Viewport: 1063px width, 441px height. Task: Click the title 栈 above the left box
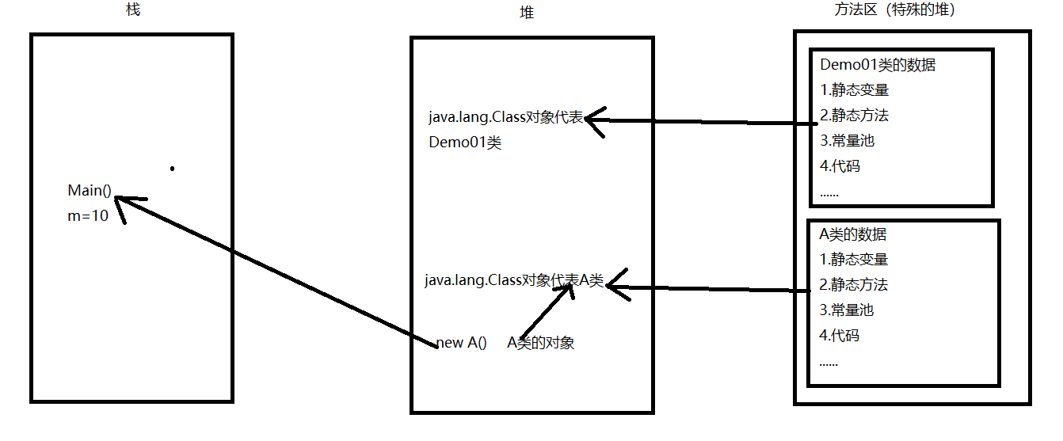(132, 10)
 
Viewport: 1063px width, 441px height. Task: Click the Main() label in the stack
(90, 190)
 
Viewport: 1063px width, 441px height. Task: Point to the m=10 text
(88, 215)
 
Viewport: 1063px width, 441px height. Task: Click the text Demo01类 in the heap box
(465, 143)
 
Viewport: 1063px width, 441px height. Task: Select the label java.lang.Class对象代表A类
(513, 280)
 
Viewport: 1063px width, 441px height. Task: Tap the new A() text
(462, 343)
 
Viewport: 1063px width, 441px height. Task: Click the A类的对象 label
(541, 343)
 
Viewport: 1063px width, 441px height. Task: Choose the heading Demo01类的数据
(878, 65)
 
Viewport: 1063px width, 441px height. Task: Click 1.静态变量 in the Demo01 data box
(854, 90)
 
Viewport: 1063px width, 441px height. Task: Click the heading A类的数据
(853, 234)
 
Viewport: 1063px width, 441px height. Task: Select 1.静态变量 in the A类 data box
(854, 260)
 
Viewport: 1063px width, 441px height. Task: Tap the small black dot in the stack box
(172, 168)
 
